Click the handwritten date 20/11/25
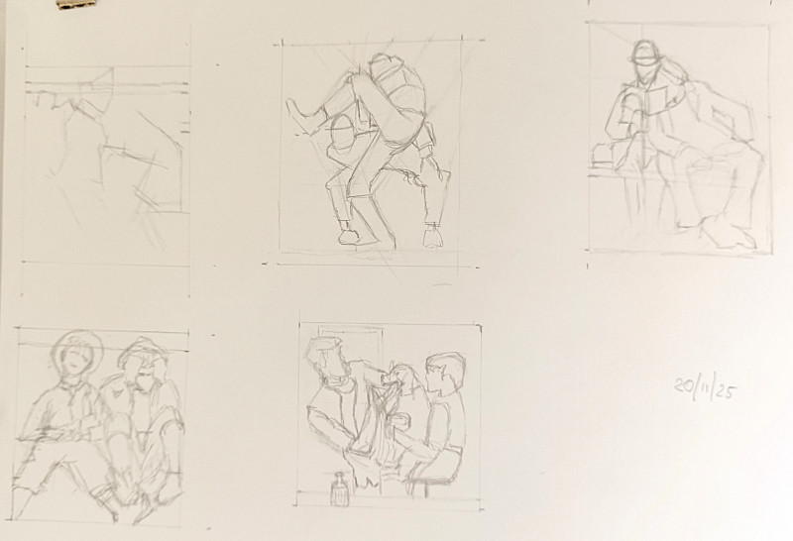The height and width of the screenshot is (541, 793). [705, 388]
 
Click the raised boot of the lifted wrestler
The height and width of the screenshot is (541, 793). [301, 116]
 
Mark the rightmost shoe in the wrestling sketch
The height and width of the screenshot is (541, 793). [432, 236]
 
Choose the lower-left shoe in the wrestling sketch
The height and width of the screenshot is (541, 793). [349, 235]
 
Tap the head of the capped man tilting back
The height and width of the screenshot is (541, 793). [325, 360]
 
